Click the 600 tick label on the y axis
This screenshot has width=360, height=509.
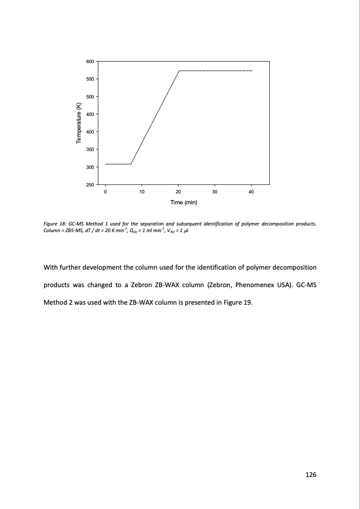(x=90, y=62)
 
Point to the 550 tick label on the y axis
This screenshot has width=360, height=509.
(x=90, y=79)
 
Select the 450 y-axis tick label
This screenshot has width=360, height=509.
(x=90, y=114)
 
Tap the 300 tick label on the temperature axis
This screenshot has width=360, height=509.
(x=90, y=167)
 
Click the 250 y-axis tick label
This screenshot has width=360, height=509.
(x=90, y=184)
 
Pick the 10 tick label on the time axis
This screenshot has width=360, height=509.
(x=142, y=192)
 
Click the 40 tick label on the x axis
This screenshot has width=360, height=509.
(x=252, y=192)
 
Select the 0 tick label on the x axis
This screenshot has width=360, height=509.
(x=105, y=192)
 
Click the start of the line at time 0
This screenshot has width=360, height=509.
(x=105, y=164)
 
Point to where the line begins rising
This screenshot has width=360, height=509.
(x=131, y=164)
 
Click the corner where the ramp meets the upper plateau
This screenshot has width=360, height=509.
(x=179, y=71)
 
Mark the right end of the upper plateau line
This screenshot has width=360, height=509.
(x=252, y=71)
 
